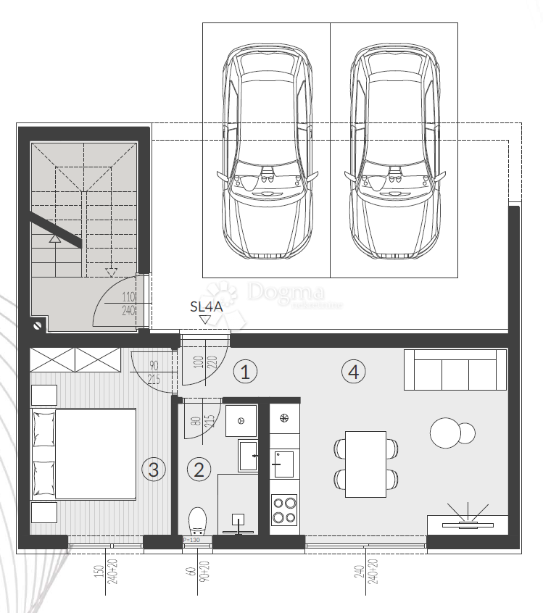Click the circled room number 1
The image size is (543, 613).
coord(245,372)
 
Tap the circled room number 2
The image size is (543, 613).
coord(199,469)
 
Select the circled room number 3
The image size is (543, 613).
coord(153,469)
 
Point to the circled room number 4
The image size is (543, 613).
coord(353,372)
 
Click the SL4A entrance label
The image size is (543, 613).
coord(205,306)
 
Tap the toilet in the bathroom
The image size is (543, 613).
coord(197,520)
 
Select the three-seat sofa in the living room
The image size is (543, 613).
coord(455,370)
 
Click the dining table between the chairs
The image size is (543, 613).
coord(366,464)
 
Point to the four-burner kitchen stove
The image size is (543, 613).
coord(283,509)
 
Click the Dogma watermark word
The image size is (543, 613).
coord(286,291)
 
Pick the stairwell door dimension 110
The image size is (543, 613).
coord(130,296)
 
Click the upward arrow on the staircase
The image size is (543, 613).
coord(54,238)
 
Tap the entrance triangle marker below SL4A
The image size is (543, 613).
coord(205,319)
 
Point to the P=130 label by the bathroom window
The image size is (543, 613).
coord(192,540)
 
